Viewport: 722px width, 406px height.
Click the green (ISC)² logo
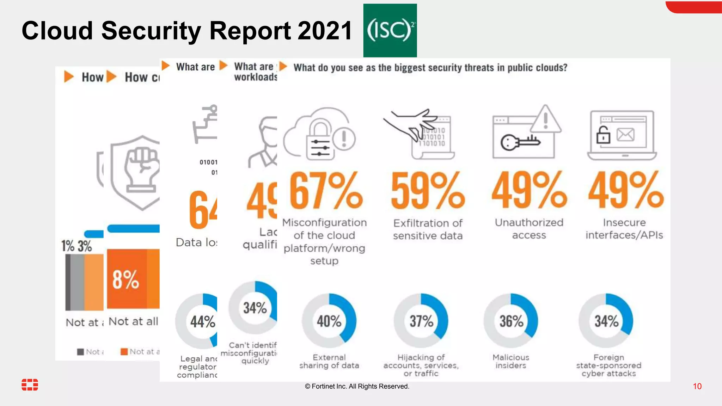pos(390,30)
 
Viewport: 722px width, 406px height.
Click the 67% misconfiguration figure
pos(326,191)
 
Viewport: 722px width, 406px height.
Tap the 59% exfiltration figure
pos(428,191)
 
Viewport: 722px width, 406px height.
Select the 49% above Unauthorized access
pos(529,191)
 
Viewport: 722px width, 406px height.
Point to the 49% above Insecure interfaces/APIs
pos(626,191)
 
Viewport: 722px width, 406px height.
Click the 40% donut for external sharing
pos(329,321)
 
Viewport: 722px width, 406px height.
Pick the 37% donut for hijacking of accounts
pos(421,321)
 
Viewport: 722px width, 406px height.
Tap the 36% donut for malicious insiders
pos(511,321)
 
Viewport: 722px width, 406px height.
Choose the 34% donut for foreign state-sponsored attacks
pos(606,321)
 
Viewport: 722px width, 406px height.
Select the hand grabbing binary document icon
pos(420,132)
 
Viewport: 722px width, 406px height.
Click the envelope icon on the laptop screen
pos(625,135)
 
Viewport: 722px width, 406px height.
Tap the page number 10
pos(697,386)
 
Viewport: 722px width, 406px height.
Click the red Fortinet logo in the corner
pos(30,385)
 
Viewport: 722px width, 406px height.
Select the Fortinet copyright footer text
pos(357,386)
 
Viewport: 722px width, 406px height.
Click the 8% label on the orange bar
pos(126,279)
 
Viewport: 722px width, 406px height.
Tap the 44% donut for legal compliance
pos(202,321)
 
